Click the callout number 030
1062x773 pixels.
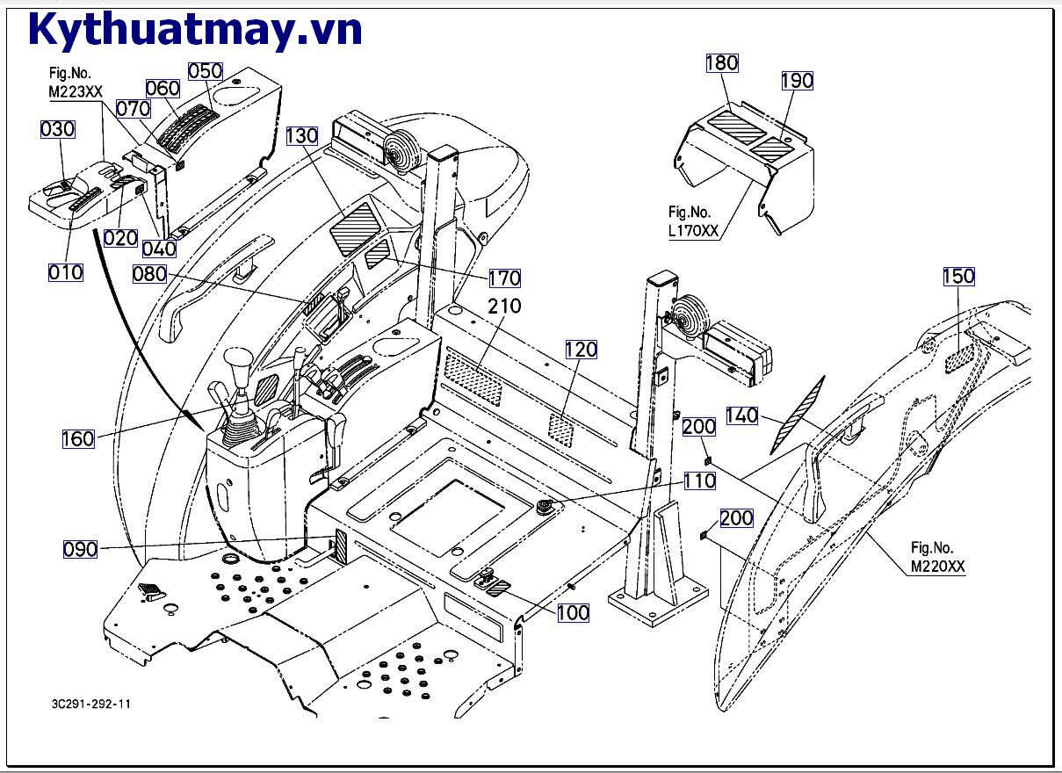point(58,129)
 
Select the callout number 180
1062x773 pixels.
point(721,62)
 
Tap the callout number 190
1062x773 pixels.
point(797,81)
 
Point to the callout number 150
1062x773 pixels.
point(958,276)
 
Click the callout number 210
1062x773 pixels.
point(505,307)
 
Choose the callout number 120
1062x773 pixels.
point(581,350)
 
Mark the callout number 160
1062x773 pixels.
point(78,438)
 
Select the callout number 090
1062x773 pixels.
point(80,550)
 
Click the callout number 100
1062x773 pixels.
point(574,612)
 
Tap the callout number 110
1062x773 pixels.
point(700,480)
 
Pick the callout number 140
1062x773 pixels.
point(742,415)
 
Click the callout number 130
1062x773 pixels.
point(301,136)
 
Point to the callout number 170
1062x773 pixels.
point(505,278)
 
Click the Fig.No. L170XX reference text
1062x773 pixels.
point(693,221)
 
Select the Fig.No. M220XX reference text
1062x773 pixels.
point(937,558)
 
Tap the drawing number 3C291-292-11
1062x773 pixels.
point(92,704)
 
